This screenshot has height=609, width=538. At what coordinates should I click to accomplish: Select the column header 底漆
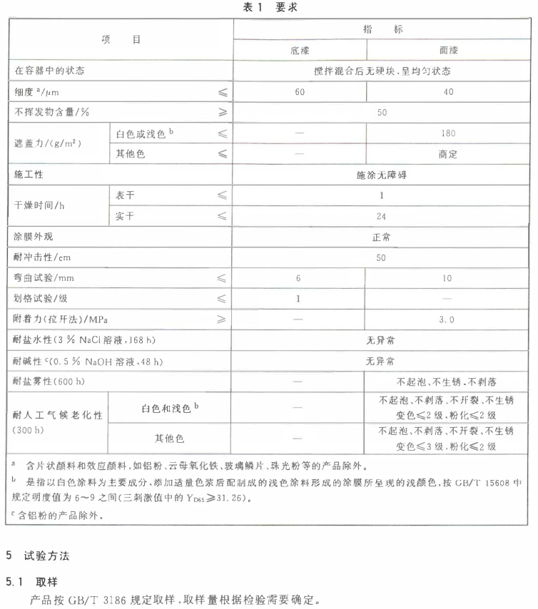[x=300, y=51]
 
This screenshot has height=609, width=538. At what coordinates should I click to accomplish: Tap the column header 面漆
[x=448, y=51]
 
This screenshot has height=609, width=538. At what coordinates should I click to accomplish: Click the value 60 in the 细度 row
[x=300, y=92]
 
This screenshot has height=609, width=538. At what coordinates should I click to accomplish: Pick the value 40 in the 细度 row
[x=448, y=92]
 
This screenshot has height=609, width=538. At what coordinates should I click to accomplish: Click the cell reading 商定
[x=448, y=153]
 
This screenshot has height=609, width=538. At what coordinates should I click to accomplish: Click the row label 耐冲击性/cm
[x=43, y=257]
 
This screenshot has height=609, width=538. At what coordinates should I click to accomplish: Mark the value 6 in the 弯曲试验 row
[x=300, y=277]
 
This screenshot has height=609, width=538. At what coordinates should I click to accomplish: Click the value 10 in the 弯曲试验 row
[x=448, y=277]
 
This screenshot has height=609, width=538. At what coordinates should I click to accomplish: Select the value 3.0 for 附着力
[x=448, y=319]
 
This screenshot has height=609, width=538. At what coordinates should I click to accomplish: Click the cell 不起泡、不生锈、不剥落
[x=448, y=382]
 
